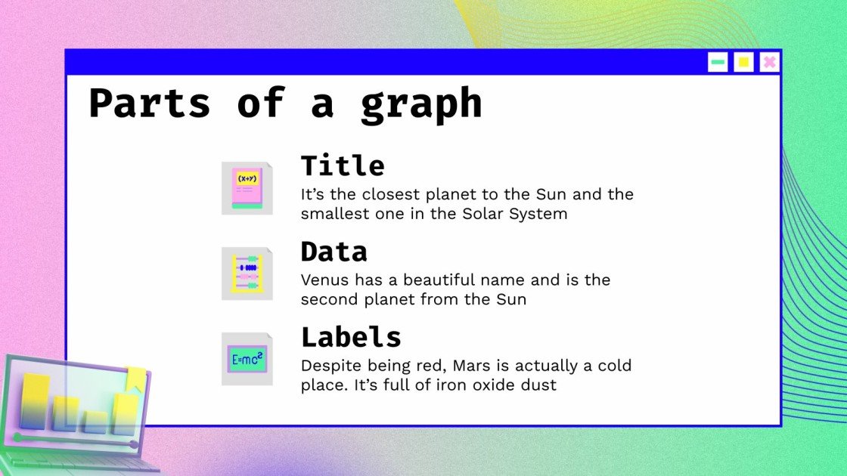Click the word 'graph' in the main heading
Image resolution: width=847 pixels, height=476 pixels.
pyautogui.click(x=420, y=104)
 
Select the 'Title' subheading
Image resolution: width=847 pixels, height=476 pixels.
pyautogui.click(x=343, y=165)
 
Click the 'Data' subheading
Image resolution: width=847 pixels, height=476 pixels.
pyautogui.click(x=334, y=251)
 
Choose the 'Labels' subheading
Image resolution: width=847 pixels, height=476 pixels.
pyautogui.click(x=351, y=336)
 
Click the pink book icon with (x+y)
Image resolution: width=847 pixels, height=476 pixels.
pyautogui.click(x=247, y=188)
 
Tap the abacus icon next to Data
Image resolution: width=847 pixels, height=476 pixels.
pyautogui.click(x=247, y=274)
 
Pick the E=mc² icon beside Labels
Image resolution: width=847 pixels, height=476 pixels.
pyautogui.click(x=247, y=359)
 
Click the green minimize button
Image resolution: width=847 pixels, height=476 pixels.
pyautogui.click(x=718, y=62)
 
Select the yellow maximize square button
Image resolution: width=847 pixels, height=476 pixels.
pyautogui.click(x=743, y=62)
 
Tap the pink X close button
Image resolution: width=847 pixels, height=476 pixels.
pyautogui.click(x=769, y=62)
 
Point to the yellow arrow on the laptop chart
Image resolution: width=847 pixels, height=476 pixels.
pyautogui.click(x=137, y=379)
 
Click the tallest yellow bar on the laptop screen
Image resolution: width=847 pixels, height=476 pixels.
pyautogui.click(x=36, y=400)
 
